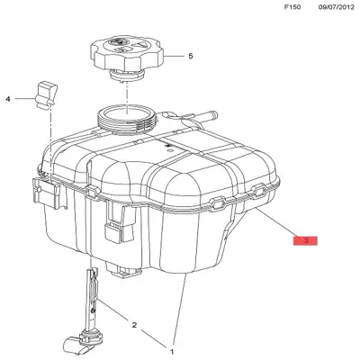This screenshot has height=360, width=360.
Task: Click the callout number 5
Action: click(191, 56)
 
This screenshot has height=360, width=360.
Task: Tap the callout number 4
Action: click(8, 99)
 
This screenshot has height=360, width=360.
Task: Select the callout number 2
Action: click(134, 325)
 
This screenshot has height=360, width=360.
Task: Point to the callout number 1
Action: click(172, 351)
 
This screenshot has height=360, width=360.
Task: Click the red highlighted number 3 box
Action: click(305, 240)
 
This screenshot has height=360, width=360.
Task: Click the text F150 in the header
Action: click(292, 7)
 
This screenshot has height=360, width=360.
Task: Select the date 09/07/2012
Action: click(337, 7)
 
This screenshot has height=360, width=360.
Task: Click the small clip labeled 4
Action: click(46, 94)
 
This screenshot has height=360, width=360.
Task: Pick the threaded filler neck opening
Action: click(127, 118)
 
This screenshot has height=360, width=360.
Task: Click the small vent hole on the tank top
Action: click(170, 150)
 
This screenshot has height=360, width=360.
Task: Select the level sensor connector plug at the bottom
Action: click(77, 345)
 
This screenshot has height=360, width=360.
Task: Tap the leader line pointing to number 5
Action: click(174, 56)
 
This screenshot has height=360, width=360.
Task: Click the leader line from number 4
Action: click(25, 99)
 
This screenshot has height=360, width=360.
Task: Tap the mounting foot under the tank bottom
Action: click(123, 269)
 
